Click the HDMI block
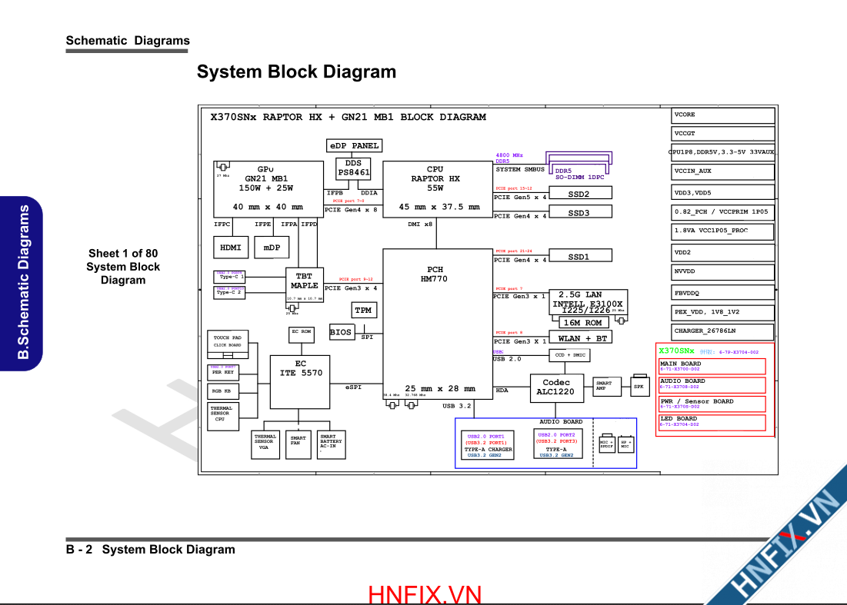tap(231, 248)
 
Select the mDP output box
tap(272, 248)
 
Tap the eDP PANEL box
tap(354, 145)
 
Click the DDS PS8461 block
tap(353, 168)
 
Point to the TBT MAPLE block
tap(305, 281)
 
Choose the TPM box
tap(363, 311)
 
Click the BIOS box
tap(341, 333)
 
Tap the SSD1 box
tap(579, 256)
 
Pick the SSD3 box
tap(579, 212)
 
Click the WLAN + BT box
tap(582, 337)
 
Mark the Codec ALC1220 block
tap(556, 387)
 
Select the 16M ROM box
tap(582, 323)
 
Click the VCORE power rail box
tap(723, 115)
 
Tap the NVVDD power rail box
tap(723, 271)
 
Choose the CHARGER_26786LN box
tap(723, 331)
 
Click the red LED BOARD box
tap(712, 422)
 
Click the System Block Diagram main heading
tap(296, 72)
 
